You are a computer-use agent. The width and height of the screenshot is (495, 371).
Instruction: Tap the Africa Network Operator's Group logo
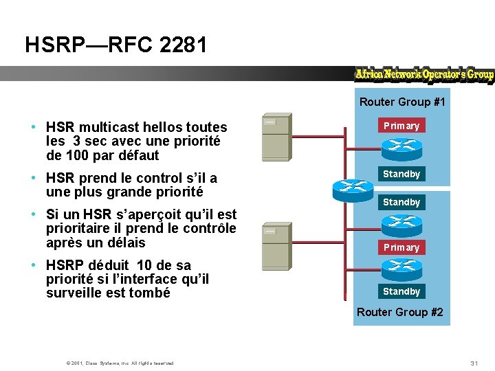[424, 75]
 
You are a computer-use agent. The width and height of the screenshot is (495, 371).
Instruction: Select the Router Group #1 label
[402, 102]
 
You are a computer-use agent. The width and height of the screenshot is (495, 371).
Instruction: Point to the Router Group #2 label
[400, 313]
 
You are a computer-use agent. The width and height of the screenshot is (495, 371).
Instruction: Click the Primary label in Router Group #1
[401, 126]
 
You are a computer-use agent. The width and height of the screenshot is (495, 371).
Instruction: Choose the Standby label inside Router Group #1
[401, 174]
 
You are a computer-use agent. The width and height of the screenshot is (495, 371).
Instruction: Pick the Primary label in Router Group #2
[401, 247]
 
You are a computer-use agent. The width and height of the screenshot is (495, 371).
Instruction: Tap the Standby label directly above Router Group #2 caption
[401, 291]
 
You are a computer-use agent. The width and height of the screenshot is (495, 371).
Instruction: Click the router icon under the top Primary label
[401, 146]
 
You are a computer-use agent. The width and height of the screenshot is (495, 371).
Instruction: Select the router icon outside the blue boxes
[351, 186]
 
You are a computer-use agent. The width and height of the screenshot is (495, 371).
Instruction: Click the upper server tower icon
[276, 137]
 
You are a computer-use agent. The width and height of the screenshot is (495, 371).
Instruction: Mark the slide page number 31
[474, 362]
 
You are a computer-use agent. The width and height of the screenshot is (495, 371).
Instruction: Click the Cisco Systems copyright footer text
[120, 363]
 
